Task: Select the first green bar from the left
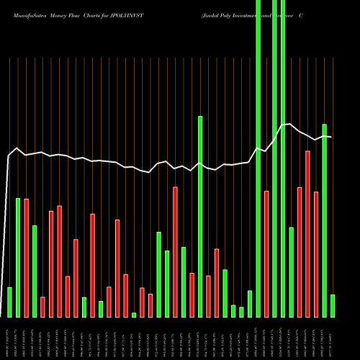9,302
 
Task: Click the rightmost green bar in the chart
332,305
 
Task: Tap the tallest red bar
307,234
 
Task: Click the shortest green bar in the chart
134,315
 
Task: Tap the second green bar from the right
324,220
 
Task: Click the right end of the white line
331,137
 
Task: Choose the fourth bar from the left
35,271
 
